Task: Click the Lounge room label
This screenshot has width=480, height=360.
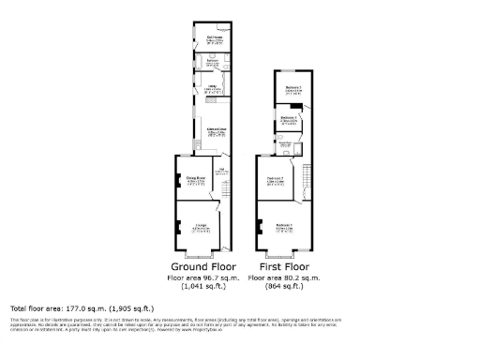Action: (x=201, y=226)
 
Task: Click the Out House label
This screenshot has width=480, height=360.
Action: (x=214, y=39)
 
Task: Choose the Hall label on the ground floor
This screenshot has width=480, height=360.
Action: (x=221, y=170)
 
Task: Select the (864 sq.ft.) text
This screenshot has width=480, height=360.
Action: (x=282, y=289)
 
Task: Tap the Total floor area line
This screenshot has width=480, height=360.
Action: (x=82, y=307)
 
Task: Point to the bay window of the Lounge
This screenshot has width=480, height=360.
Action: (x=199, y=255)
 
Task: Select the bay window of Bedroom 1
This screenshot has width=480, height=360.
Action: (x=280, y=255)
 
